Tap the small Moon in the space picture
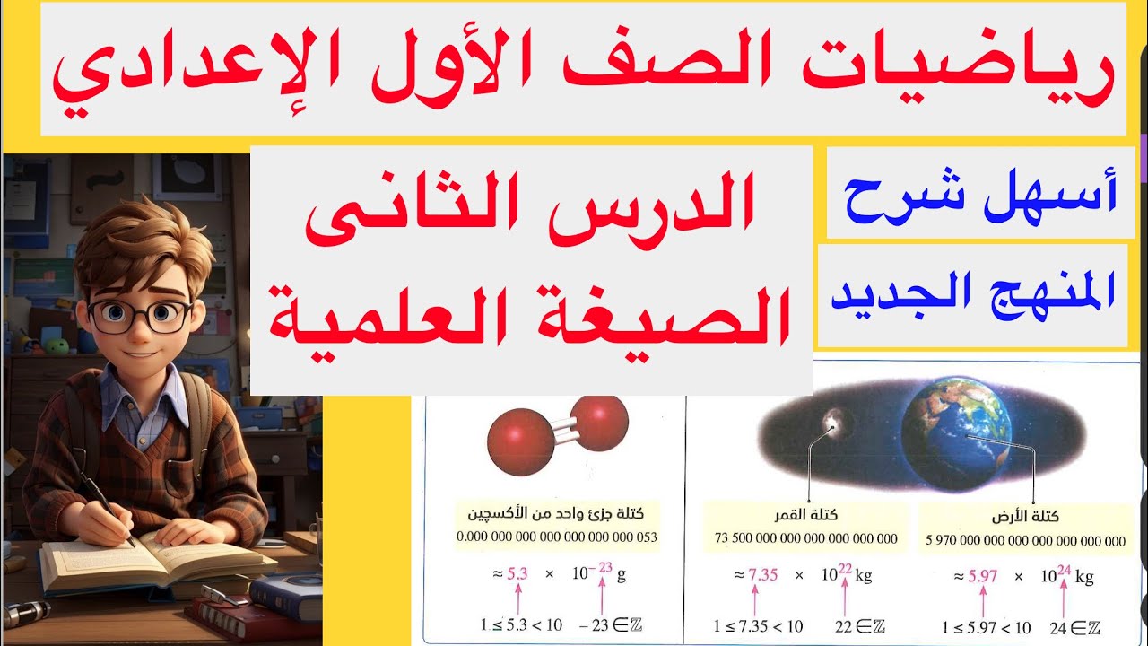pos(838,420)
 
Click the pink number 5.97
pos(982,576)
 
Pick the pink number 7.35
pos(763,575)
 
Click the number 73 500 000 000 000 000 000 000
pos(805,539)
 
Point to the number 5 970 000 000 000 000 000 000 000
pos(1025,540)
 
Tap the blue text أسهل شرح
pos(981,193)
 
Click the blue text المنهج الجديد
pos(973,294)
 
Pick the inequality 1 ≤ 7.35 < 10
pos(758,626)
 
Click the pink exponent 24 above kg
pos(1065,568)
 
